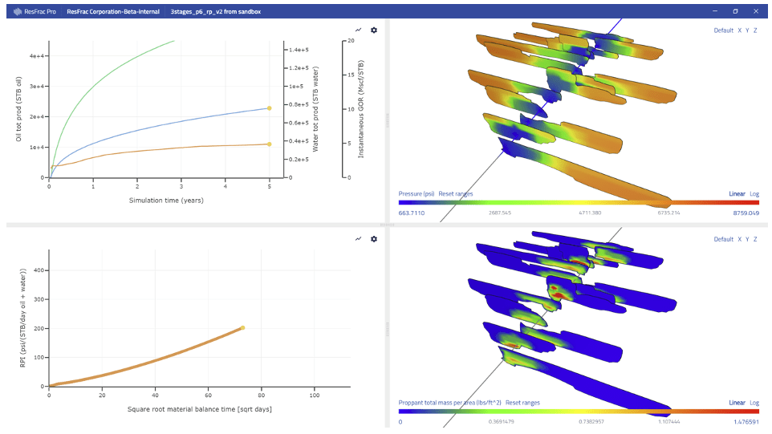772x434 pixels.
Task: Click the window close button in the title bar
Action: [758, 12]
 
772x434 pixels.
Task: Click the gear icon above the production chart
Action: [373, 30]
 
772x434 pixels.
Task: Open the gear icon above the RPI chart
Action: [373, 239]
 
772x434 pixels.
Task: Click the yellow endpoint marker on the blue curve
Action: [269, 107]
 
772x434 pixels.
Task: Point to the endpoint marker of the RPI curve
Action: [242, 327]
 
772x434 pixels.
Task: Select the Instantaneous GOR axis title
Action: [361, 109]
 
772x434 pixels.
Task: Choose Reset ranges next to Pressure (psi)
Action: [456, 194]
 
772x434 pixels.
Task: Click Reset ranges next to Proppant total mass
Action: [523, 402]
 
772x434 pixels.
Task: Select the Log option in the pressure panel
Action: [754, 194]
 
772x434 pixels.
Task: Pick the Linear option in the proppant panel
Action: [737, 402]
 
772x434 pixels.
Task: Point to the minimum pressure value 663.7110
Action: [413, 213]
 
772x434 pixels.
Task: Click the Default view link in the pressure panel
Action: [723, 30]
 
